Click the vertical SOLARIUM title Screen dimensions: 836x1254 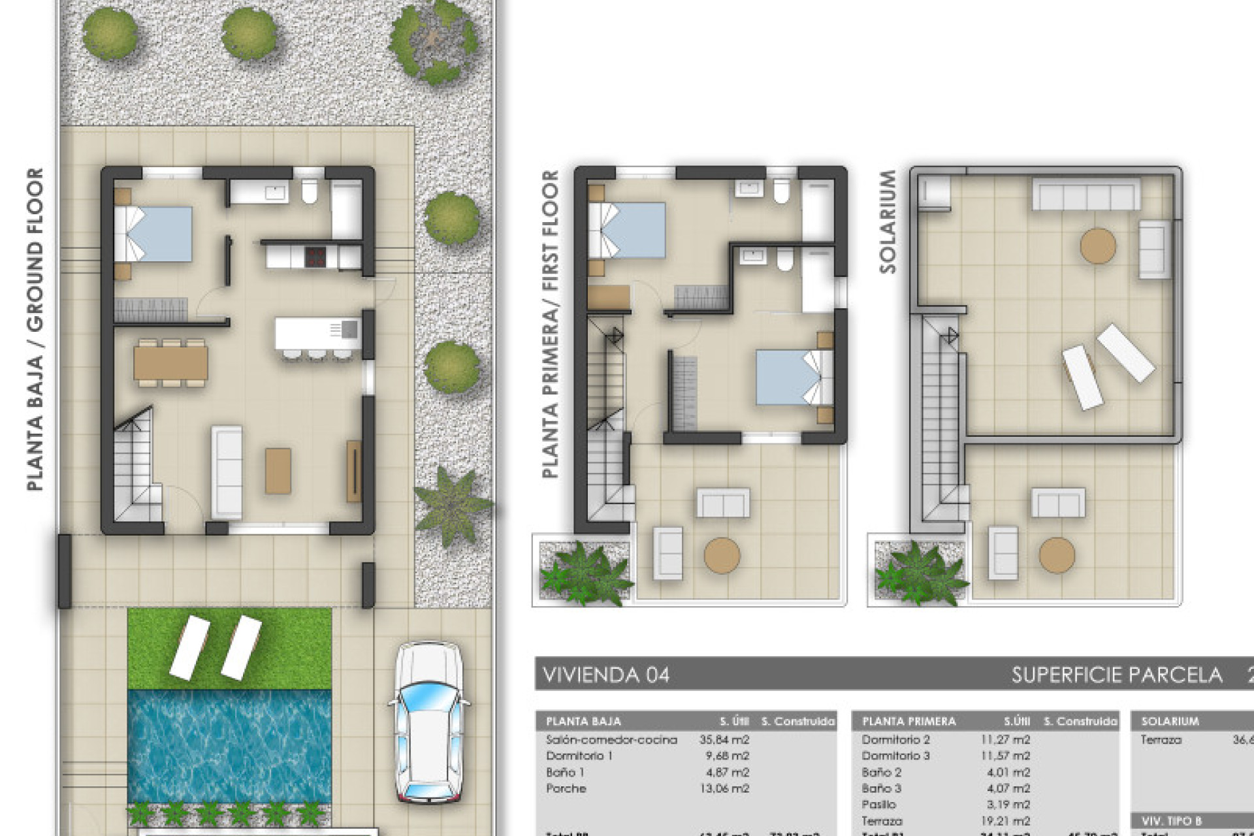click(x=888, y=221)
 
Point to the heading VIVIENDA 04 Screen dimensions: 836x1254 click(x=606, y=675)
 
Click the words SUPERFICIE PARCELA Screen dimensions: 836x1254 click(x=1116, y=675)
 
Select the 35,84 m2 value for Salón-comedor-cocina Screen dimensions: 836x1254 click(x=724, y=740)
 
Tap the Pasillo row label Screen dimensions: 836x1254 click(x=878, y=805)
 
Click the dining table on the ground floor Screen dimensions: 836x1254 click(x=170, y=362)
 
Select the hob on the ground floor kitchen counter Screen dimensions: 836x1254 click(x=315, y=256)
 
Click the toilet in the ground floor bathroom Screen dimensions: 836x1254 click(x=308, y=190)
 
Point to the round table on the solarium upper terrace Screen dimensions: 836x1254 click(x=1098, y=246)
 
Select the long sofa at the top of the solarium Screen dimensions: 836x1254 click(x=1085, y=194)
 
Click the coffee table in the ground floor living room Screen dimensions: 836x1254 click(x=278, y=470)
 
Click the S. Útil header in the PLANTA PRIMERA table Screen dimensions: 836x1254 click(x=1016, y=721)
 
